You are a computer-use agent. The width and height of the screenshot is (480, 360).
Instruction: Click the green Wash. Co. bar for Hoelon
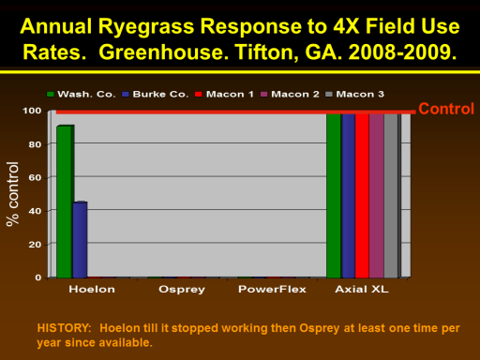[x=65, y=202]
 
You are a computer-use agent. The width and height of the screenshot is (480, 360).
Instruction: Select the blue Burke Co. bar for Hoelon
[x=80, y=240]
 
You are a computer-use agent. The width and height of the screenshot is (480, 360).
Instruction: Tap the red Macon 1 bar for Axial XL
[x=362, y=196]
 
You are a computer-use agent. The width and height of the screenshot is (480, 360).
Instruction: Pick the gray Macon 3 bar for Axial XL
[x=391, y=196]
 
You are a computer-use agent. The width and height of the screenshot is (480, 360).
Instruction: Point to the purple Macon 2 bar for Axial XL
[x=377, y=196]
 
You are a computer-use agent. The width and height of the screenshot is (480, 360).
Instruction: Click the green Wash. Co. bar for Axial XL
[x=334, y=196]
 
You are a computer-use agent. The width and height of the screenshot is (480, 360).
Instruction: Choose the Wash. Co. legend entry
[x=82, y=94]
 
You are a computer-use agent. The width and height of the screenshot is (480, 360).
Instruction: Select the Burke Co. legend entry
[x=156, y=94]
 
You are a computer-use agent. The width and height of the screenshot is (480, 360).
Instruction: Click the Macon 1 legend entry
[x=224, y=94]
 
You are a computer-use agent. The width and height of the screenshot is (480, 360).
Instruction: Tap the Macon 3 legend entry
[x=354, y=94]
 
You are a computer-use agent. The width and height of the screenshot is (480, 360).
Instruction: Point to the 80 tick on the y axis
[x=35, y=144]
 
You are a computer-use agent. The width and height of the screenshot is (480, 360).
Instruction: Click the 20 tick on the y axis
[x=35, y=245]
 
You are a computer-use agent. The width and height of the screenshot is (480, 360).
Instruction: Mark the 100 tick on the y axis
[x=32, y=111]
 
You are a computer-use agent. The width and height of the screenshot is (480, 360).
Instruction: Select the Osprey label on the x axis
[x=182, y=290]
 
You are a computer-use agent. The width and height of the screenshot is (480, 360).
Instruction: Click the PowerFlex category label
[x=272, y=290]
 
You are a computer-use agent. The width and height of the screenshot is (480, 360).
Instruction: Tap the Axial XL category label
[x=362, y=290]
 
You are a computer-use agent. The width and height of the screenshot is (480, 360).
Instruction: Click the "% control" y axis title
[x=12, y=194]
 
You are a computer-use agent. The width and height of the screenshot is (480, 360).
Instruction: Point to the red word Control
[x=446, y=109]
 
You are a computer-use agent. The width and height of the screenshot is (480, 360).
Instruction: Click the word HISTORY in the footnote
[x=64, y=328]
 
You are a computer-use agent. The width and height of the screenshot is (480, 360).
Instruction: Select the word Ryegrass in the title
[x=146, y=26]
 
